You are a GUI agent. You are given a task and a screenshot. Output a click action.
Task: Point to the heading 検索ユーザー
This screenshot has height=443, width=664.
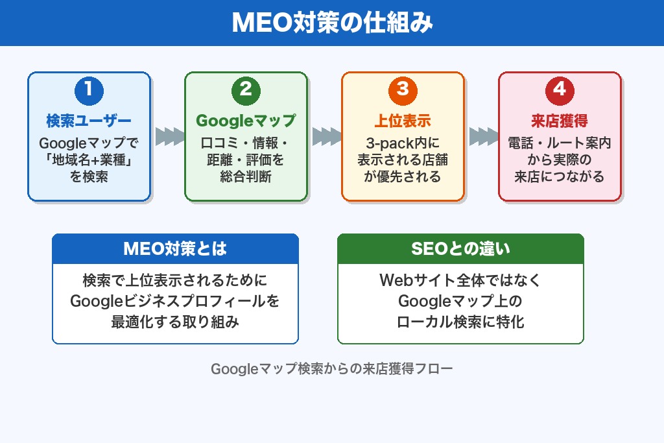coord(89,121)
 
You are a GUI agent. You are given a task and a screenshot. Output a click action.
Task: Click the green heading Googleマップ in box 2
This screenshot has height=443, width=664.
coord(246,121)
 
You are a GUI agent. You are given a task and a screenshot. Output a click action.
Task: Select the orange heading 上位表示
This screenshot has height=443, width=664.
coord(403,121)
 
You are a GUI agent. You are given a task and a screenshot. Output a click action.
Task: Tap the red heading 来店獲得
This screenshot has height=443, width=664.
coord(560,121)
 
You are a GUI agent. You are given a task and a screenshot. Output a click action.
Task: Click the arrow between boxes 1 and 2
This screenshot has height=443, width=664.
coord(169,137)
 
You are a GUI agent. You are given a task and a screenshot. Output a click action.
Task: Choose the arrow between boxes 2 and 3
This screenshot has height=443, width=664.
coord(326,137)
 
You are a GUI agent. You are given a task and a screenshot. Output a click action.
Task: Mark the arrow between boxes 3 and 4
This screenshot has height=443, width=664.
coord(482,137)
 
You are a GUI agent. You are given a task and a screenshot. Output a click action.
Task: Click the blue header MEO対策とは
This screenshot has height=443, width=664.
coord(175,249)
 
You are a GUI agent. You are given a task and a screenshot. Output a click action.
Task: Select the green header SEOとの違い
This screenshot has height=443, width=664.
coord(460,249)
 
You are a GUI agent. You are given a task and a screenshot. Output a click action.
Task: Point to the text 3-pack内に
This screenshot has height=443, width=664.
coord(403,143)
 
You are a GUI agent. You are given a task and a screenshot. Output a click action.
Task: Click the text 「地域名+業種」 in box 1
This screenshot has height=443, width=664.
coord(89,160)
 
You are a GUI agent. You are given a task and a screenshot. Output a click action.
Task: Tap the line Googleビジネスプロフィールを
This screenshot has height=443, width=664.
coord(175,301)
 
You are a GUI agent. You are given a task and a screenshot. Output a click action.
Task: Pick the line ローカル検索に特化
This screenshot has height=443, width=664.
coord(460,321)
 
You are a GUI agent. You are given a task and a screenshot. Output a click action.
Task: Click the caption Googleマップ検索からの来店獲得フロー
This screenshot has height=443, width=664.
coord(332,369)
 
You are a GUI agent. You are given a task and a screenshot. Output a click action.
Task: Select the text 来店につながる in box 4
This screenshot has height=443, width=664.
coord(560,176)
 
